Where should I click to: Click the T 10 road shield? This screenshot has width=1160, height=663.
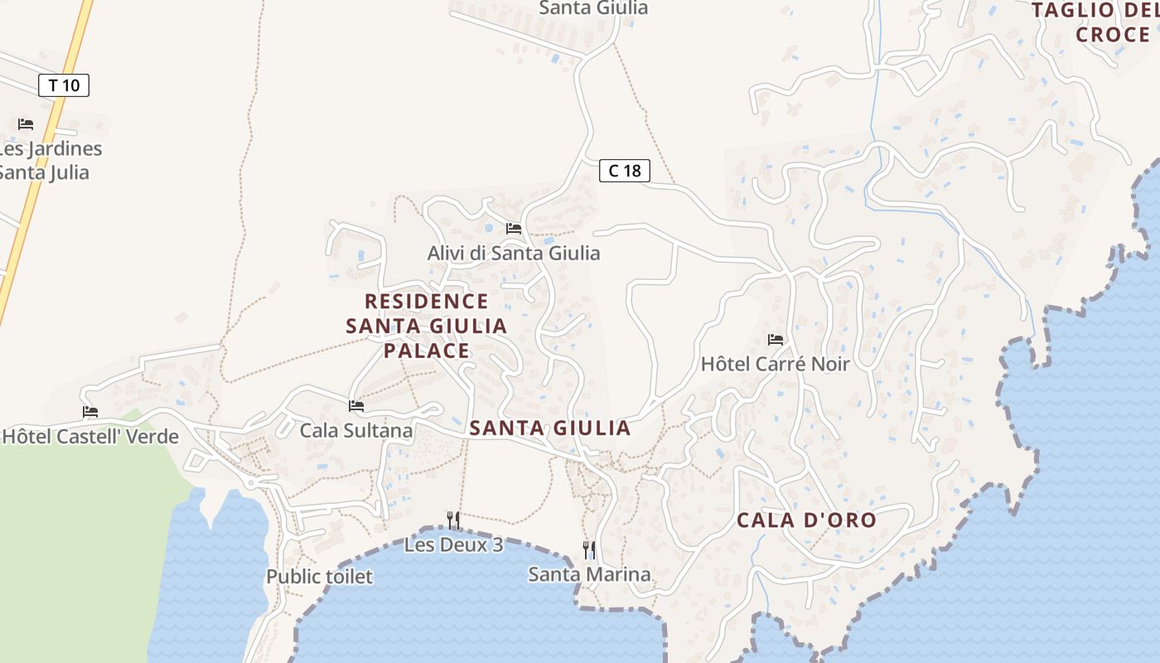(64, 85)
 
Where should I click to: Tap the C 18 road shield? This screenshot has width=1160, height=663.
(625, 171)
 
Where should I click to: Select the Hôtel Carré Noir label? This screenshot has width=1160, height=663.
(775, 364)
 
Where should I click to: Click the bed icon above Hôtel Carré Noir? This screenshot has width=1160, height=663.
(776, 340)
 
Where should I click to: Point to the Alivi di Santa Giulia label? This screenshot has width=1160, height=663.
(513, 253)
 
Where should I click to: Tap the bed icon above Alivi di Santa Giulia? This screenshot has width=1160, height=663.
(514, 229)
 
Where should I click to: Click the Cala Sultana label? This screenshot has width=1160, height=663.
(355, 430)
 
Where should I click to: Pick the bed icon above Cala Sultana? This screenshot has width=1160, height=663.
(356, 406)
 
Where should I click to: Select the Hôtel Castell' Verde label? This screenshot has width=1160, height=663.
(90, 436)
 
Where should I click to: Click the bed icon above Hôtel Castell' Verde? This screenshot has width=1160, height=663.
(90, 412)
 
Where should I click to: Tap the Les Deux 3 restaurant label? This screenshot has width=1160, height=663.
(453, 545)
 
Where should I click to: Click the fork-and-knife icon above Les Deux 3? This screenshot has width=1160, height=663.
(453, 520)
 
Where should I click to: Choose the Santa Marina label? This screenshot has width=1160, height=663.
(589, 573)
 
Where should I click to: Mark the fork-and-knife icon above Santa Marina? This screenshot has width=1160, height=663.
(589, 549)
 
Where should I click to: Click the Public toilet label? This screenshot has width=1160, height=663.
(319, 576)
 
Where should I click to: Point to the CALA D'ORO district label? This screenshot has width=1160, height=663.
(806, 520)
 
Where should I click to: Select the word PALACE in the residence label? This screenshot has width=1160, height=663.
(427, 351)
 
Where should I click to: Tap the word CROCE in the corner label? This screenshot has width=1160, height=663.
(1113, 35)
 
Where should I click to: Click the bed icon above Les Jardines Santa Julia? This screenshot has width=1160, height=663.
(26, 124)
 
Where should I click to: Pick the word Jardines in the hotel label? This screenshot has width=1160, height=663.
(62, 149)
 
